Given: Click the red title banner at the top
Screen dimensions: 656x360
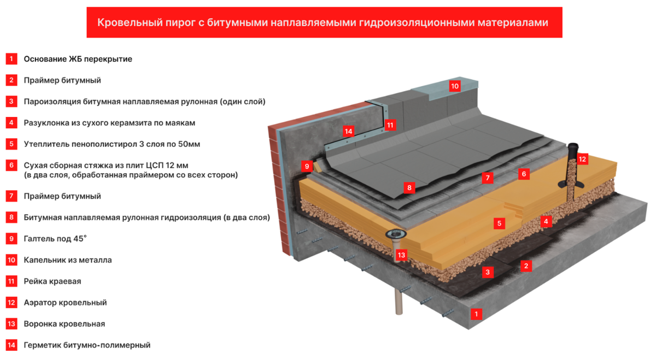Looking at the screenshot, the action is coord(324,22).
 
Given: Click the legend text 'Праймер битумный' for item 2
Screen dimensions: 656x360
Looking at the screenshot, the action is coord(62,80).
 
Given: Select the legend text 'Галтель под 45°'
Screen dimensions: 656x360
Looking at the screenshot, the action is coord(55,239).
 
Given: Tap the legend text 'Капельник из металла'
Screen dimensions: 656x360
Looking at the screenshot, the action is coord(68,260).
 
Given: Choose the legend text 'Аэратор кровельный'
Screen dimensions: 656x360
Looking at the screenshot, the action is coord(65,303).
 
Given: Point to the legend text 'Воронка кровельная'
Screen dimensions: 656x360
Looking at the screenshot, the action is coord(64,324).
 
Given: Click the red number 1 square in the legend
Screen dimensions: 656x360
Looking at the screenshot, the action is coord(11,59).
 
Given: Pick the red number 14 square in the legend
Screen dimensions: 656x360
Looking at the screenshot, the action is coord(11,345).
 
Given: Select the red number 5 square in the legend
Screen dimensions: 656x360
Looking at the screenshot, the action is coord(11,144).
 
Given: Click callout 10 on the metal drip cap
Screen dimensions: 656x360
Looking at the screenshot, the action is coord(455,86).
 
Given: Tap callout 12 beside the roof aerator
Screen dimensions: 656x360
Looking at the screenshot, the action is coord(582,160).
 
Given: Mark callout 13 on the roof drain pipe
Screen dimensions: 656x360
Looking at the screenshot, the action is coord(402,255).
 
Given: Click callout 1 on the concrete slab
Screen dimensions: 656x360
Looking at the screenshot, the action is coord(477,314).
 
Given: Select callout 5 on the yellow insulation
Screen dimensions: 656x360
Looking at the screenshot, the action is coord(499,223).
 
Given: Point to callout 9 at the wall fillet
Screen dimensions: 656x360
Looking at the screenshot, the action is coord(307,166).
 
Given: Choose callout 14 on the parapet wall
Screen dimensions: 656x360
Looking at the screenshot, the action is coord(349,132).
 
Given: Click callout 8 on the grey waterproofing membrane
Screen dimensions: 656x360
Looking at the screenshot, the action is coord(408,188).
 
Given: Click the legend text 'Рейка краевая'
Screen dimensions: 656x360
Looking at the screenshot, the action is coord(52,281).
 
